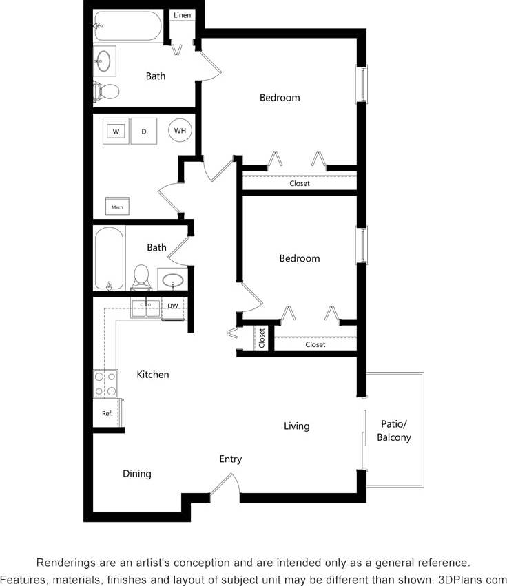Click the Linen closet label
tap(183, 15)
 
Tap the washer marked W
tap(116, 131)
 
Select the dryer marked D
tap(144, 131)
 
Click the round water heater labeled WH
tap(180, 130)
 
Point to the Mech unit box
tap(117, 206)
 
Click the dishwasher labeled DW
tap(173, 306)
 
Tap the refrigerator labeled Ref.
tap(107, 414)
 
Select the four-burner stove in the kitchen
tap(105, 384)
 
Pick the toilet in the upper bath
tap(107, 90)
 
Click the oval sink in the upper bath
tap(105, 60)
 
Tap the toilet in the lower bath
tap(141, 276)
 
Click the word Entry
tap(231, 459)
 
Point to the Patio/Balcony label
tap(395, 430)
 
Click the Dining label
tap(137, 474)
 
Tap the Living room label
tap(297, 426)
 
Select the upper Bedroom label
tap(280, 98)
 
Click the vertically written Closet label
tap(262, 337)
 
